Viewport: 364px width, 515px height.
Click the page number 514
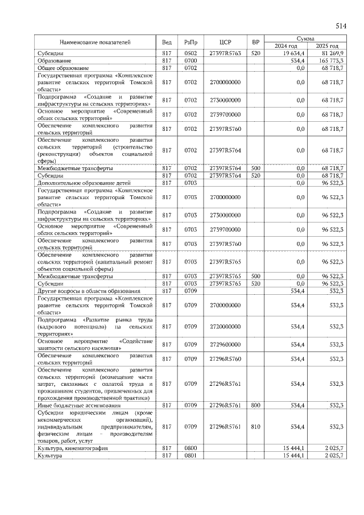point(341,26)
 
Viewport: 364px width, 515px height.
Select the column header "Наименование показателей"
point(96,43)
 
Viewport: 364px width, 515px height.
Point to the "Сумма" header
point(307,37)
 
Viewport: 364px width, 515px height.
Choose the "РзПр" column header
point(190,43)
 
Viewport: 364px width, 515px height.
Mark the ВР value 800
point(256,405)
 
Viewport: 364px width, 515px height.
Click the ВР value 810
point(256,426)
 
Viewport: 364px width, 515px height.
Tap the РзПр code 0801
point(190,456)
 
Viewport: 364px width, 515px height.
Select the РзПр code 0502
point(190,53)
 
